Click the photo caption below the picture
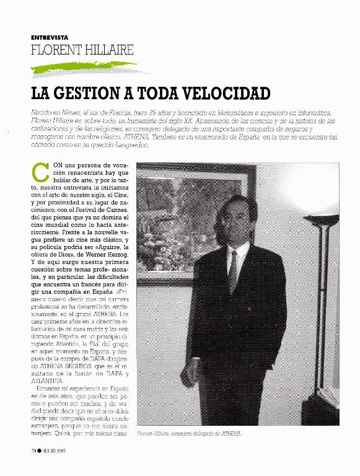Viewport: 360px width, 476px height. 188,433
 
